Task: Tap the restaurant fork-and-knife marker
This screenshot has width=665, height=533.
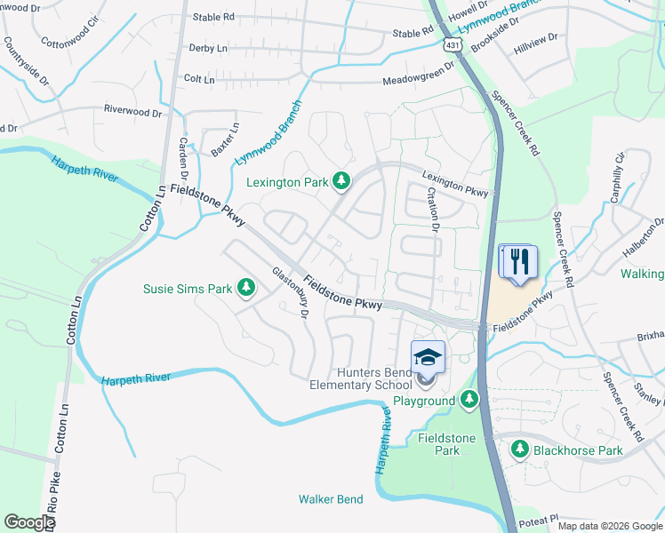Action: (x=518, y=261)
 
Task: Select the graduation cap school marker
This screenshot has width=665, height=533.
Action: (x=428, y=356)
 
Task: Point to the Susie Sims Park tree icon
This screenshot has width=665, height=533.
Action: (x=246, y=289)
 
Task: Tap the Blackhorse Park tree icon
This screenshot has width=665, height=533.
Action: (x=519, y=450)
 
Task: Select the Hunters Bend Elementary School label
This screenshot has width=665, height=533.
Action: (x=360, y=378)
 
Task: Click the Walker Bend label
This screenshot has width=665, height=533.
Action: (x=331, y=499)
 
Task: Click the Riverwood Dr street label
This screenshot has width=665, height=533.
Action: (x=133, y=113)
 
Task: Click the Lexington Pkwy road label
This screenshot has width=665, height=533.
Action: (x=455, y=183)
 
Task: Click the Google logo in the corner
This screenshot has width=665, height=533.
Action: (x=29, y=522)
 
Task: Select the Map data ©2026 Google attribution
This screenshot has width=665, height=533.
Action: (x=610, y=526)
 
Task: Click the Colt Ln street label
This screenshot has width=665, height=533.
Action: (x=199, y=79)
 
